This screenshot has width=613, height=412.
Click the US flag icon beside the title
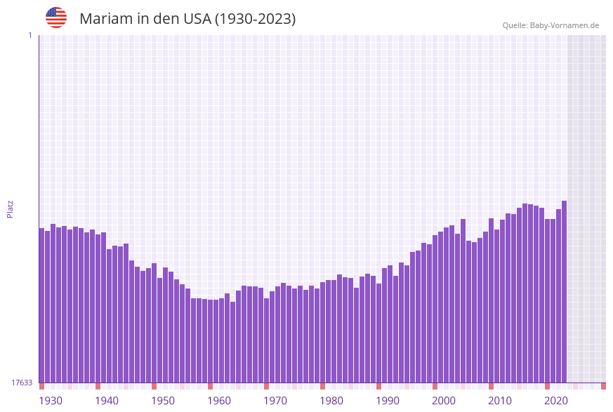(x=56, y=18)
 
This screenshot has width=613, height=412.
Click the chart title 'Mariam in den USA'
(x=187, y=19)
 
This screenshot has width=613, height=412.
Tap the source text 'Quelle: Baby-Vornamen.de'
(x=551, y=25)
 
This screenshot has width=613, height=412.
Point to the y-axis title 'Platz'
(x=11, y=208)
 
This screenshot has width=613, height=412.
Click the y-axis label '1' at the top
(x=29, y=35)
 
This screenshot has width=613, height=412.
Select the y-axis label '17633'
(x=22, y=383)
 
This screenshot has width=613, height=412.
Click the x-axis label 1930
(x=51, y=401)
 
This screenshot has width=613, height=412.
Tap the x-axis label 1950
(x=163, y=401)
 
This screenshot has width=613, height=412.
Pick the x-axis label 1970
(x=275, y=401)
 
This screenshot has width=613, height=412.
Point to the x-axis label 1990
(x=388, y=401)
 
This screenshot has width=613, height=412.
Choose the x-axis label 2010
(x=500, y=401)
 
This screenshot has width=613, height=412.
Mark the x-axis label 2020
(x=556, y=401)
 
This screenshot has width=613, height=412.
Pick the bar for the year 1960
(x=210, y=341)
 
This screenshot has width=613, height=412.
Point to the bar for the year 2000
(x=435, y=309)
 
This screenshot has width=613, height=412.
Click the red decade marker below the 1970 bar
(x=266, y=386)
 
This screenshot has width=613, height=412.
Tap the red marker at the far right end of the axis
(x=603, y=386)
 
